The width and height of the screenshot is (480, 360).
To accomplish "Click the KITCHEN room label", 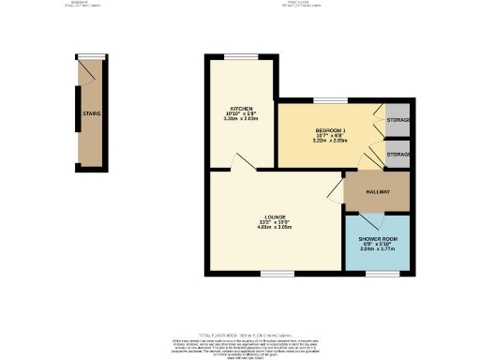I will coord(228,108).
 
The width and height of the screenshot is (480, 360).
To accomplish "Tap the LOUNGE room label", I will coord(276,217).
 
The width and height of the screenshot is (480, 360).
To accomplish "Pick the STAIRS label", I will coord(91,114).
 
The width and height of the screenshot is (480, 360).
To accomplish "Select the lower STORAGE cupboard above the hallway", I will coord(397,154).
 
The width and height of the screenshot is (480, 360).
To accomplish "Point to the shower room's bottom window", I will coord(377,274).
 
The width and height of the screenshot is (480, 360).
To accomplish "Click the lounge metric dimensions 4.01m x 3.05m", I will coord(276,228).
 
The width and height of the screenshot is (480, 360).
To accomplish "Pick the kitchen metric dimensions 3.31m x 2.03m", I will coord(228,119).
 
